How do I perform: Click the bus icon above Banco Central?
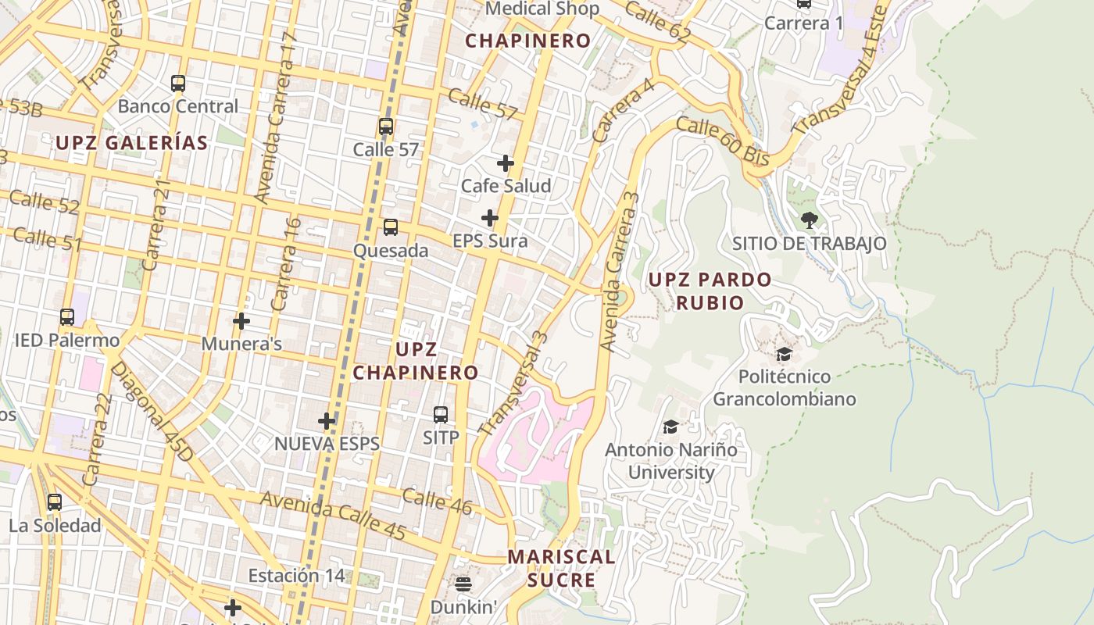178,84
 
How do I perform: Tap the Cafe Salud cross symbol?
506,163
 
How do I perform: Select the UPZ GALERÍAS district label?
132,143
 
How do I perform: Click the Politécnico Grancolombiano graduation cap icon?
784,355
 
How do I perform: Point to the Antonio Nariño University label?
671,461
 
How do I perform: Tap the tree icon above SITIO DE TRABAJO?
810,220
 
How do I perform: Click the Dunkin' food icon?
463,584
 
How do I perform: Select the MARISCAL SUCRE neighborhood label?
561,569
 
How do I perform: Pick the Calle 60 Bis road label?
723,141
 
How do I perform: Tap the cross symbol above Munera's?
241,321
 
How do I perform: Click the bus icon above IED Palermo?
67,317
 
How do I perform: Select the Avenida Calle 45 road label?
333,516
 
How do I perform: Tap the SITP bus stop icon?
441,415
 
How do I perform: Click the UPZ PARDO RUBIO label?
710,291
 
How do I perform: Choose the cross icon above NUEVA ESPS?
327,422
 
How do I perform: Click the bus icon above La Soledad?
55,502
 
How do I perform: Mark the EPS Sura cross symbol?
490,218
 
